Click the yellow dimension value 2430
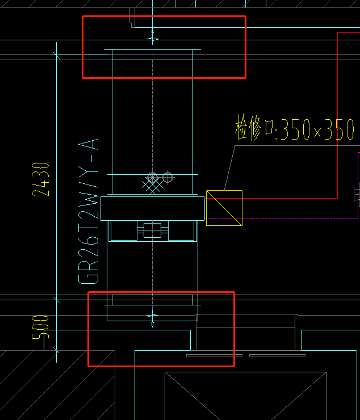[x=40, y=179]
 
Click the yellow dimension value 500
[x=40, y=327]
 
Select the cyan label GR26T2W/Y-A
[x=89, y=211]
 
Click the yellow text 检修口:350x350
[x=295, y=128]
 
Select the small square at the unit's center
[x=153, y=230]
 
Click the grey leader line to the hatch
[x=230, y=168]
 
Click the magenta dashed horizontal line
[x=282, y=219]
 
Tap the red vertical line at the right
[x=337, y=115]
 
